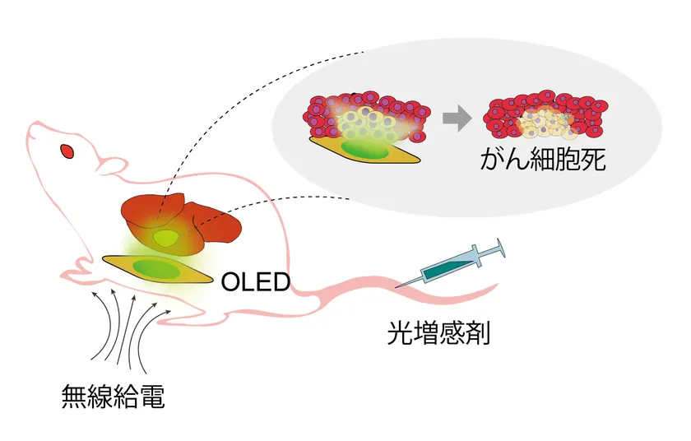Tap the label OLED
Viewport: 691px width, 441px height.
tap(256, 282)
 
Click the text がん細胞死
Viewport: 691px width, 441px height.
tap(543, 159)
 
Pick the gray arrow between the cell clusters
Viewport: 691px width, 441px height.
tap(456, 118)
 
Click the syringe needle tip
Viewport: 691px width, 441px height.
tap(397, 287)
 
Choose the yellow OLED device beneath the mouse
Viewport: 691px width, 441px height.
tap(153, 268)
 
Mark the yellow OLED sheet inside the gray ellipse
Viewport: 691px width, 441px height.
tap(362, 149)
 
